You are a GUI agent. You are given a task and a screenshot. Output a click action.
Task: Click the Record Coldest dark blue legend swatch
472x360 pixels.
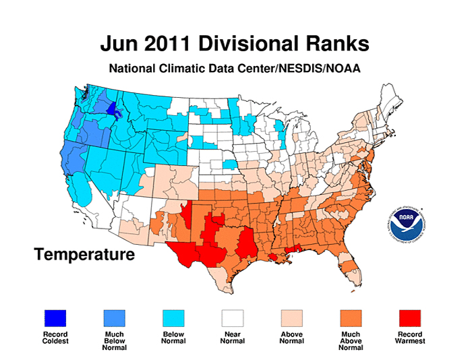pyautogui.click(x=56, y=318)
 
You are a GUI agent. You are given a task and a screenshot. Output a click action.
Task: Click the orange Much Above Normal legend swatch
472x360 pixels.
pyautogui.click(x=350, y=318)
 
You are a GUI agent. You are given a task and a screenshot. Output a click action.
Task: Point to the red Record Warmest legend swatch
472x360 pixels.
pyautogui.click(x=409, y=318)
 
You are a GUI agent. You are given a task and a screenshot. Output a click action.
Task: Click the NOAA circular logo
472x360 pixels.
pyautogui.click(x=405, y=224)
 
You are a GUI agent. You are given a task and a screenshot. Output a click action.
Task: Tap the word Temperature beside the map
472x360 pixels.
pyautogui.click(x=84, y=255)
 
